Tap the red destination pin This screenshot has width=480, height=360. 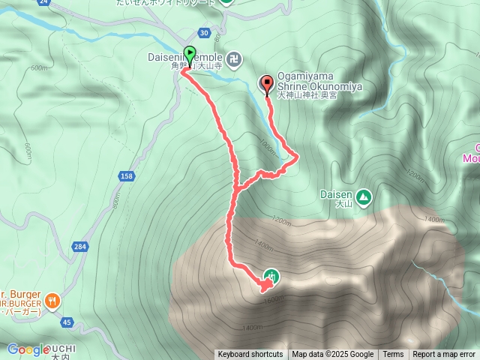(266, 85)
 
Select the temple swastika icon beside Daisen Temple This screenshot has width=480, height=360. (235, 57)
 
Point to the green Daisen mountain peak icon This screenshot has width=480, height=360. (364, 197)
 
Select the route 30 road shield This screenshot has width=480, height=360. (204, 32)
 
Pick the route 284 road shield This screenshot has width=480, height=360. (80, 246)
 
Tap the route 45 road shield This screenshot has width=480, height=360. (67, 322)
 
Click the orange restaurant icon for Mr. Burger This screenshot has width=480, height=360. (52, 301)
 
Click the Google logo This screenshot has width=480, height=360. (28, 349)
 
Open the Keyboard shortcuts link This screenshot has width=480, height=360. (250, 355)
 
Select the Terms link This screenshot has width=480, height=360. (393, 355)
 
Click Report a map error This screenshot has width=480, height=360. (444, 355)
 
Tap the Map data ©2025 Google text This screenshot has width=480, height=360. (333, 355)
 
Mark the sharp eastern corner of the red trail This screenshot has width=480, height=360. (298, 157)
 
